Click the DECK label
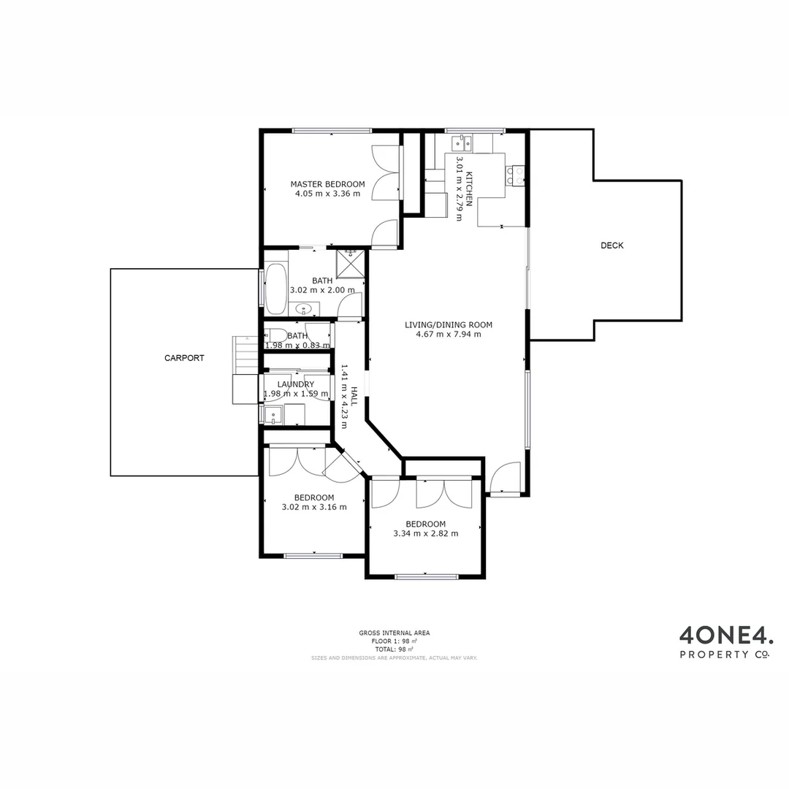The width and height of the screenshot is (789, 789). [x=611, y=245]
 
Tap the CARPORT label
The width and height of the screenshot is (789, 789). [x=184, y=358]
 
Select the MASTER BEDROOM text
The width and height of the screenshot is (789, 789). [x=327, y=184]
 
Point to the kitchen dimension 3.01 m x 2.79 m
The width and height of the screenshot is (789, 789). [x=460, y=188]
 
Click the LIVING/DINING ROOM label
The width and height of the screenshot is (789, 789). [x=449, y=325]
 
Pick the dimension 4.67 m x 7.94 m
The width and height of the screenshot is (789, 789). [x=449, y=335]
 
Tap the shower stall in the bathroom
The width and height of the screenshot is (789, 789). [x=351, y=263]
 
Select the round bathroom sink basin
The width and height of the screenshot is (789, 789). [x=304, y=310]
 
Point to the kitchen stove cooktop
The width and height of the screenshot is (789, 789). [x=515, y=175]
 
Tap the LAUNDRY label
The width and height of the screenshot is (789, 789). [x=296, y=384]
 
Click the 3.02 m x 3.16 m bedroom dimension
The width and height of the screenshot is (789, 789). [x=314, y=507]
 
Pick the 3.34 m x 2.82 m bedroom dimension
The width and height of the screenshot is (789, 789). [x=426, y=533]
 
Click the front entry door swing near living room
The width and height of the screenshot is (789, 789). [x=506, y=479]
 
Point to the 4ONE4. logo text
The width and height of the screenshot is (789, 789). [x=725, y=633]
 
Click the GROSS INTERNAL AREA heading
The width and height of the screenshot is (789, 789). [x=394, y=633]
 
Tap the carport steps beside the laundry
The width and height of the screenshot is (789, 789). [x=246, y=353]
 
